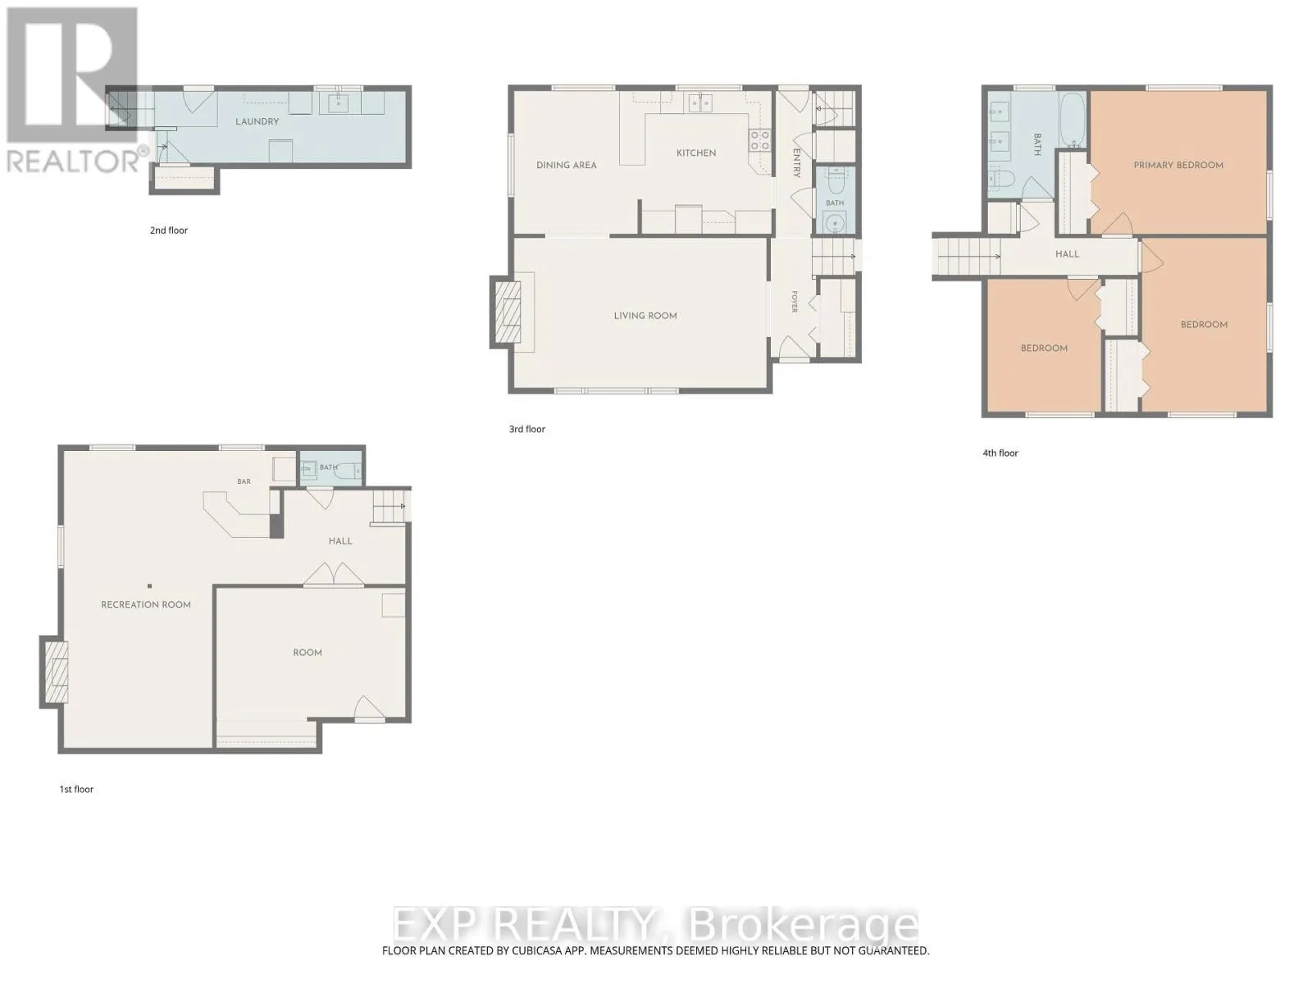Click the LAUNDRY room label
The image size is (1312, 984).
pyautogui.click(x=257, y=121)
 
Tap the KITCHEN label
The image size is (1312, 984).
pyautogui.click(x=695, y=153)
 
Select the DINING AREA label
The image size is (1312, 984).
pyautogui.click(x=566, y=165)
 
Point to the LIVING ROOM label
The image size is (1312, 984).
pyautogui.click(x=645, y=316)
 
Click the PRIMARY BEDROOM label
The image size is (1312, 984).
pyautogui.click(x=1178, y=165)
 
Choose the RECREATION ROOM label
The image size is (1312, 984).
pyautogui.click(x=146, y=604)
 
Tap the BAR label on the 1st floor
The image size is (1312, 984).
pyautogui.click(x=244, y=481)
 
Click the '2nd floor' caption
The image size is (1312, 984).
pyautogui.click(x=169, y=230)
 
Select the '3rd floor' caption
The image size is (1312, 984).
pyautogui.click(x=526, y=429)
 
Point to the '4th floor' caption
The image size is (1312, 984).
pyautogui.click(x=1000, y=453)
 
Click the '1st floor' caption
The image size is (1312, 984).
pyautogui.click(x=76, y=789)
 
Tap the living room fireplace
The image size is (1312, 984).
pyautogui.click(x=505, y=312)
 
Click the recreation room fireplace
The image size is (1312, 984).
pyautogui.click(x=54, y=672)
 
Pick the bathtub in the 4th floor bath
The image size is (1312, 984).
pyautogui.click(x=1073, y=120)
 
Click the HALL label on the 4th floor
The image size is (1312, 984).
pyautogui.click(x=1067, y=254)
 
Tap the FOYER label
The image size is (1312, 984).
pyautogui.click(x=795, y=302)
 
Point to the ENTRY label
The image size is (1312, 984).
pyautogui.click(x=796, y=163)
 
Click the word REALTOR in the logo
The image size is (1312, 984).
pyautogui.click(x=73, y=162)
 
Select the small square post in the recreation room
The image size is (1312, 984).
pyautogui.click(x=149, y=586)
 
